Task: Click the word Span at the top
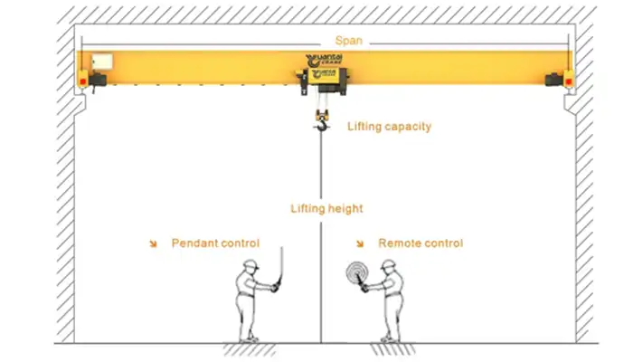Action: click(348, 41)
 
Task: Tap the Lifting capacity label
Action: click(389, 127)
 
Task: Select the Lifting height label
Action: click(326, 208)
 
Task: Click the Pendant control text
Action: click(215, 243)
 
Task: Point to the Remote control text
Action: click(420, 243)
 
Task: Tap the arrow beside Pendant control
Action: click(153, 243)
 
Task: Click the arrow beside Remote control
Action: click(360, 243)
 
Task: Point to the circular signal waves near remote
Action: click(354, 273)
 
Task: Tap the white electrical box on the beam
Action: click(101, 62)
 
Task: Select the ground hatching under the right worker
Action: click(391, 348)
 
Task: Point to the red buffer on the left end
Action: click(83, 81)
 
